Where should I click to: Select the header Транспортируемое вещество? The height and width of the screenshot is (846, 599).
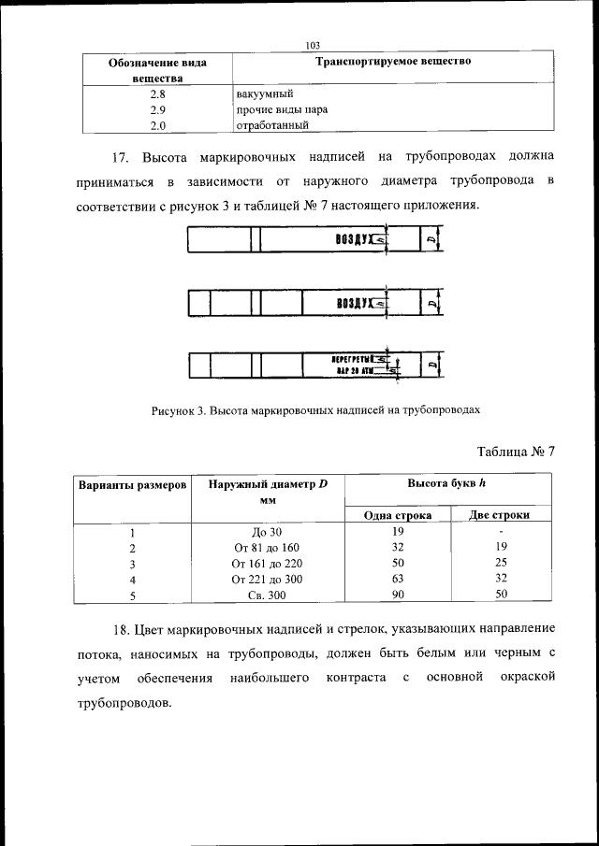(392, 62)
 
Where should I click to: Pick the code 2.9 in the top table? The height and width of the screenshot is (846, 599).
(158, 108)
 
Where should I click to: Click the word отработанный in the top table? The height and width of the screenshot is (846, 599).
(268, 123)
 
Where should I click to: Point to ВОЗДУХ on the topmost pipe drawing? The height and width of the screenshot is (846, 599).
(353, 241)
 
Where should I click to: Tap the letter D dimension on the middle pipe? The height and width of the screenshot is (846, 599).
(430, 304)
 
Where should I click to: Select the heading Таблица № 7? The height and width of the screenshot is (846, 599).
(516, 452)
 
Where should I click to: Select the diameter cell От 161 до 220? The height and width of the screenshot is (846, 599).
(267, 563)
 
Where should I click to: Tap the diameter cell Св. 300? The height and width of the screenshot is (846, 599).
(267, 594)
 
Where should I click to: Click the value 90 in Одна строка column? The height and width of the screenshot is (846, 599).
(398, 594)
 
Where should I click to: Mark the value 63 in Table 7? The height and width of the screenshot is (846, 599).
(398, 578)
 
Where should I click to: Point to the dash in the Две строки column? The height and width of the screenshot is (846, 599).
(501, 532)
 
